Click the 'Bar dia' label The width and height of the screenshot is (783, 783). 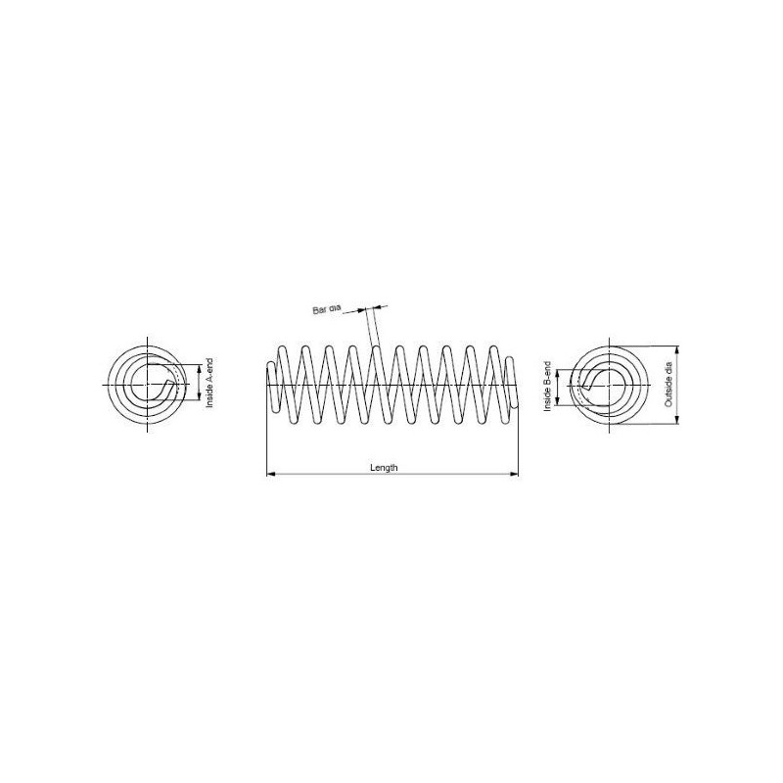coord(327,309)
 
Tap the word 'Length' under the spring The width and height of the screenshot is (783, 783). coord(384,468)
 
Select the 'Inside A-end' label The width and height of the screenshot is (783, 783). coord(209,383)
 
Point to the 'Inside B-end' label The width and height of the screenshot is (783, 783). coord(547,386)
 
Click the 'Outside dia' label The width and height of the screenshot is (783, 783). coord(668,385)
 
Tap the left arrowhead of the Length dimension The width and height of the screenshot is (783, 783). coord(271,474)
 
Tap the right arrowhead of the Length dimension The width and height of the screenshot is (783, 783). coord(514,474)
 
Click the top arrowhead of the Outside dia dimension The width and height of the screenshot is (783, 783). coord(677,350)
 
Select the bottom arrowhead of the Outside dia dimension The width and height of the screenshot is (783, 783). coord(677,420)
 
